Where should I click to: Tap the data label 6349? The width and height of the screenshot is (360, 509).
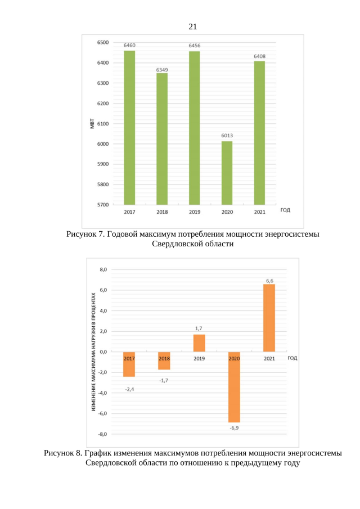pyautogui.click(x=162, y=70)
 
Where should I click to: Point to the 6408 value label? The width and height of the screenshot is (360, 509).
pyautogui.click(x=259, y=57)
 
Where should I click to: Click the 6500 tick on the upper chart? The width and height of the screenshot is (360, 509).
pyautogui.click(x=102, y=43)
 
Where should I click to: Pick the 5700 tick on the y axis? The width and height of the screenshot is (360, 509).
pyautogui.click(x=102, y=205)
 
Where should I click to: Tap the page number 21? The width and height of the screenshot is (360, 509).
pyautogui.click(x=193, y=26)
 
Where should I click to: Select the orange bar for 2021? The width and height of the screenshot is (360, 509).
pyautogui.click(x=269, y=318)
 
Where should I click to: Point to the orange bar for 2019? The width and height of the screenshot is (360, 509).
pyautogui.click(x=199, y=343)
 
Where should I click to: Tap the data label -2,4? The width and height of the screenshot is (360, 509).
pyautogui.click(x=129, y=389)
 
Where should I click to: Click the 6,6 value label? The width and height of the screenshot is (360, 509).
pyautogui.click(x=270, y=280)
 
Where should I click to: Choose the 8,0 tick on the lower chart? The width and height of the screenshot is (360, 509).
pyautogui.click(x=103, y=270)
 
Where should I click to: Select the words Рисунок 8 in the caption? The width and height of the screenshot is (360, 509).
pyautogui.click(x=64, y=453)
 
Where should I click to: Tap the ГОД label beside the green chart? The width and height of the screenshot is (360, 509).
pyautogui.click(x=285, y=210)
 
